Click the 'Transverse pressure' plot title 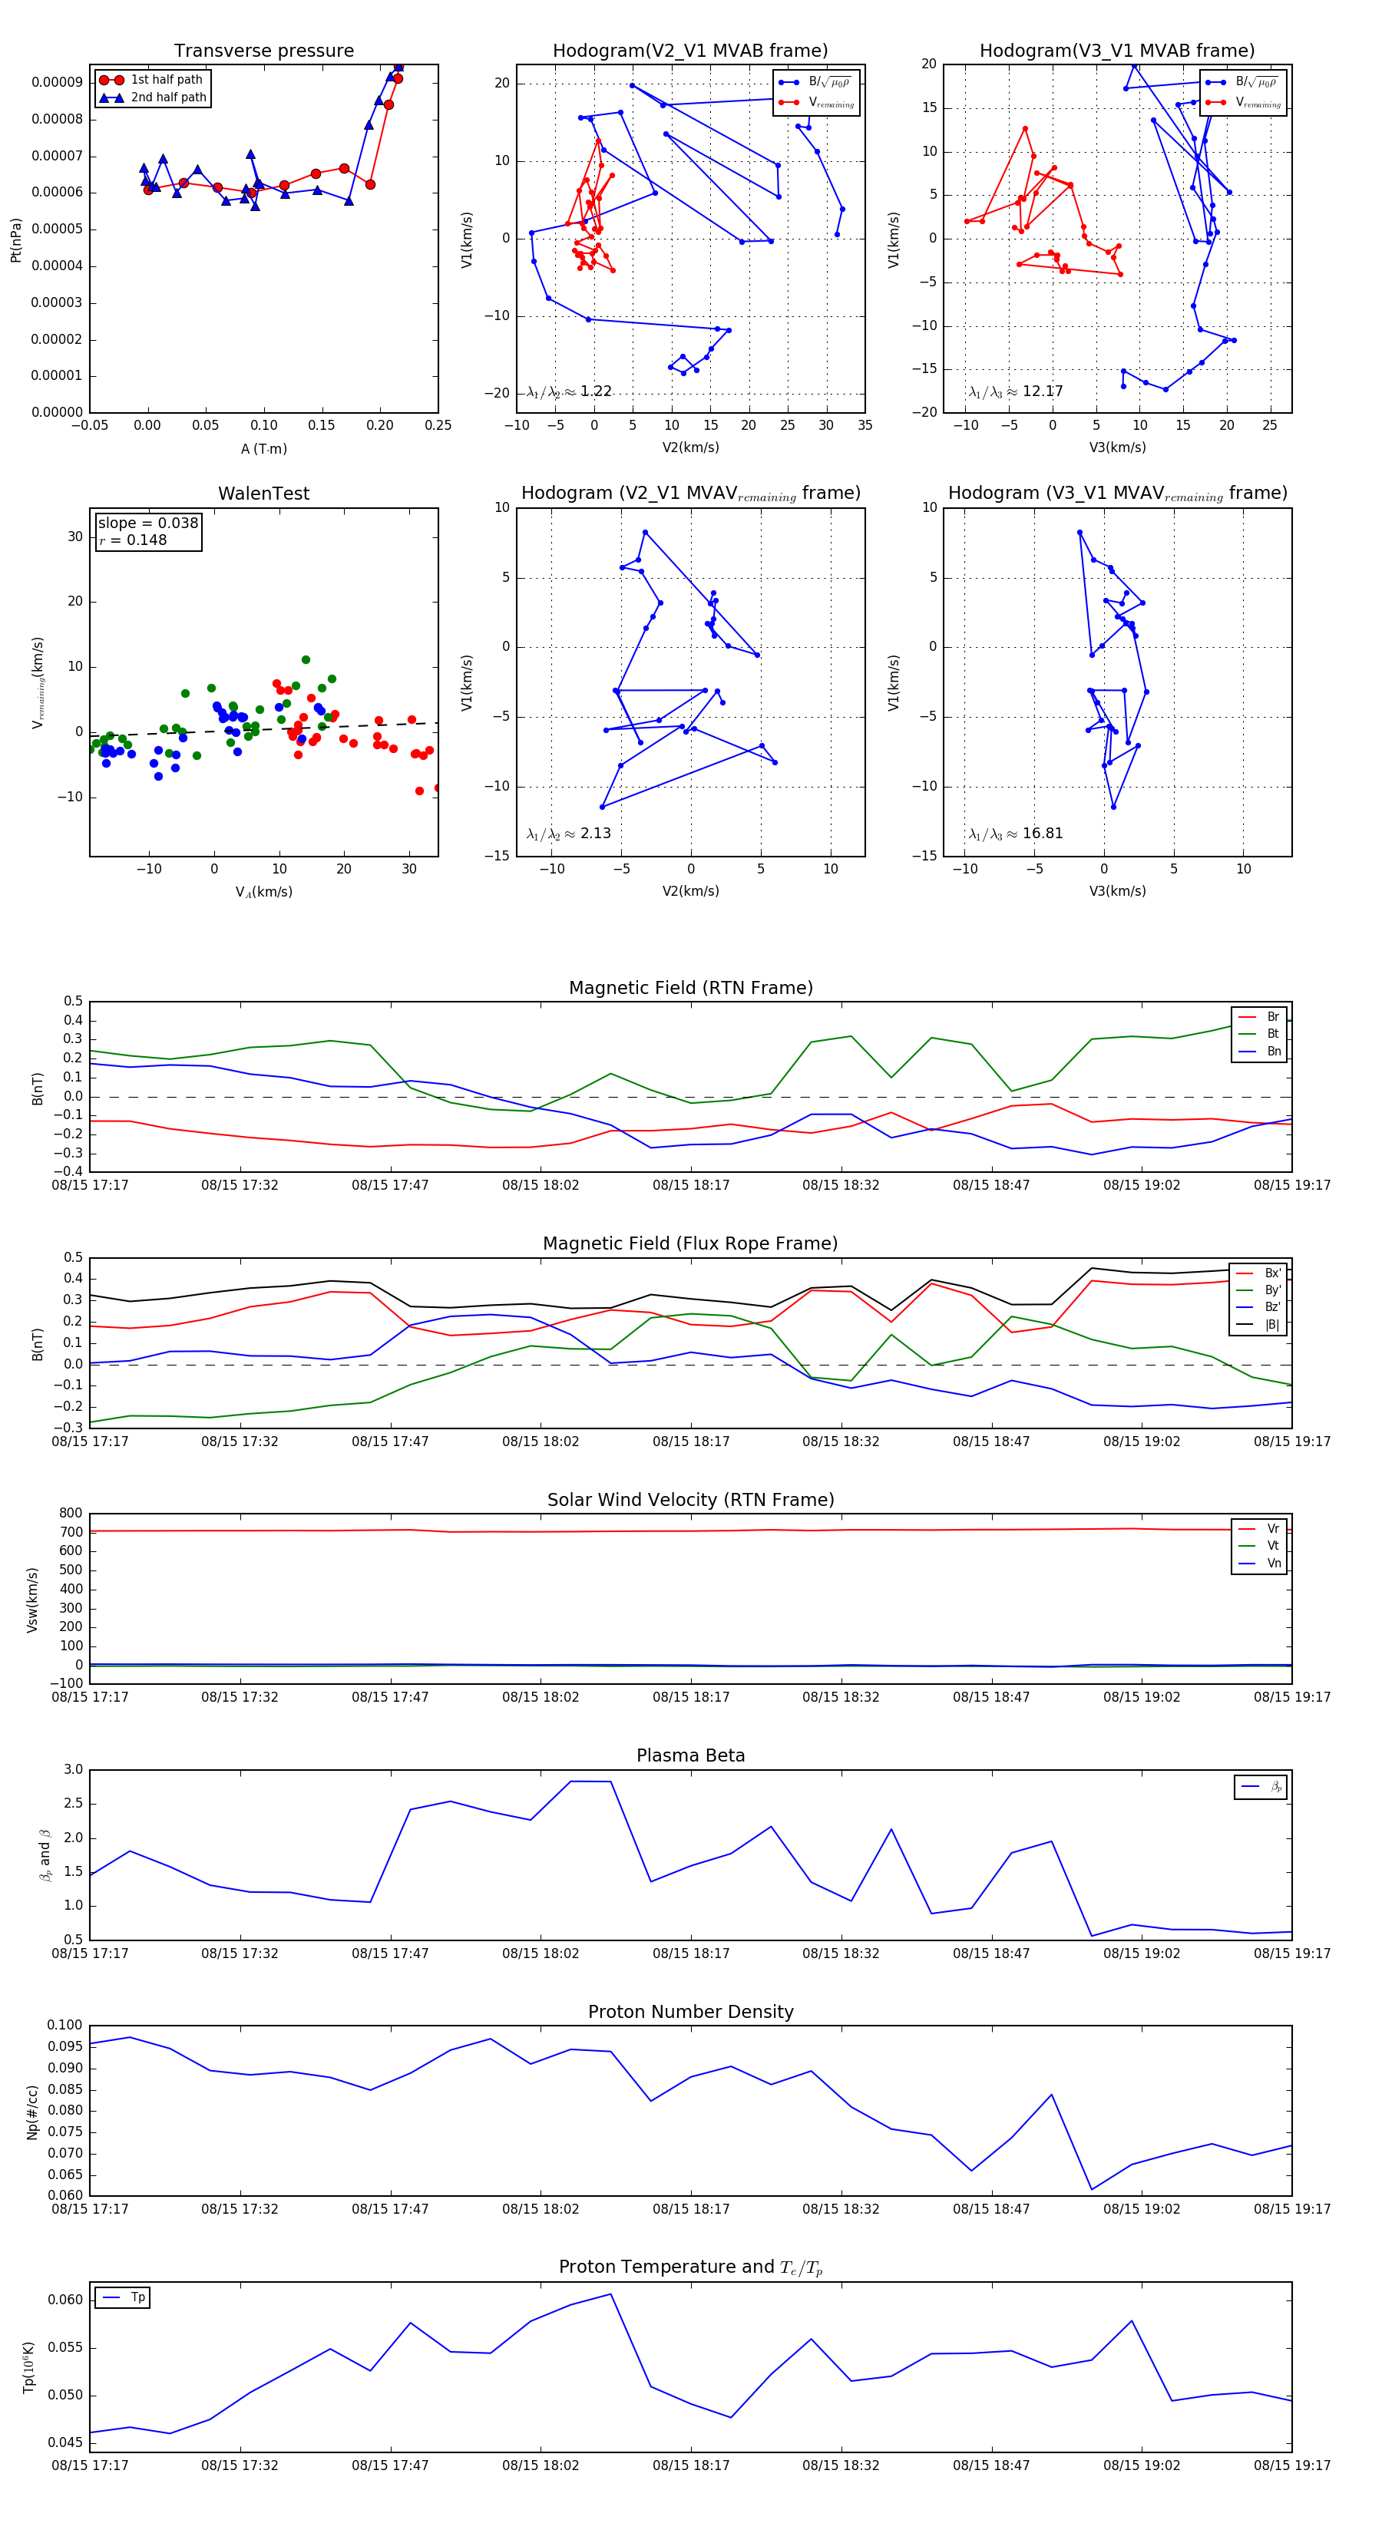263,51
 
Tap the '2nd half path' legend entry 168,97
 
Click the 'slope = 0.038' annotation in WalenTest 147,523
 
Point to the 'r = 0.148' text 133,540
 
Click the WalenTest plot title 263,494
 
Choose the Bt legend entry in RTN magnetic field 1272,1033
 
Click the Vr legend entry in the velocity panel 1273,1529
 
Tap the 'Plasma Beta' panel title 690,1756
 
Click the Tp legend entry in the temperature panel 137,2298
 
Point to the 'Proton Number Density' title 690,2012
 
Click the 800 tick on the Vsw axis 71,1514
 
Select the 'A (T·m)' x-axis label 263,449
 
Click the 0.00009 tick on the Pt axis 57,83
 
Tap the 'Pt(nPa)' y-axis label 15,240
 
